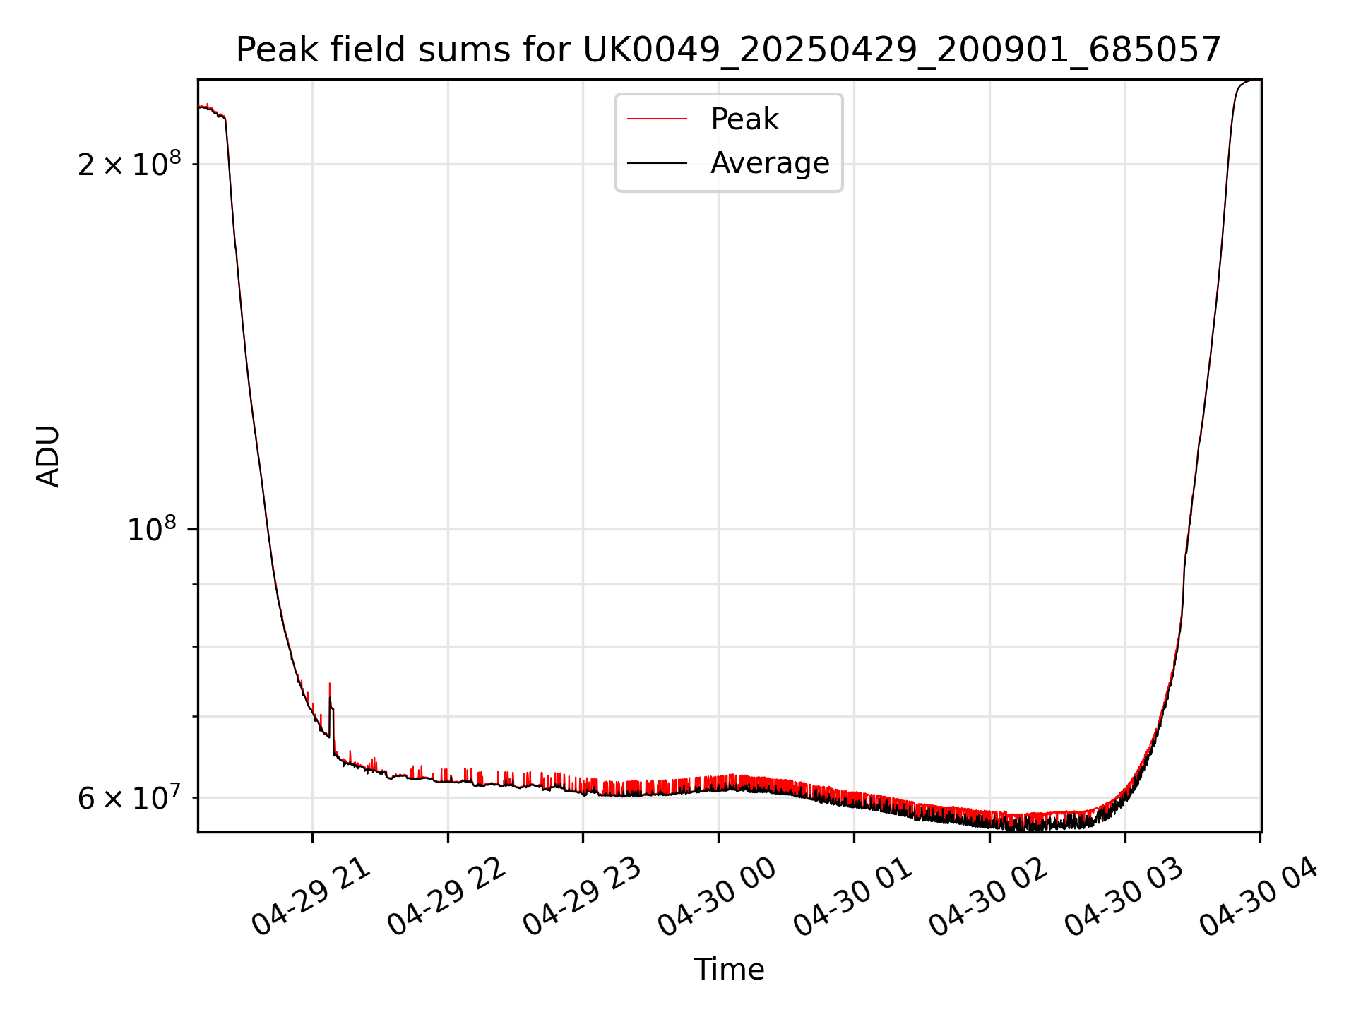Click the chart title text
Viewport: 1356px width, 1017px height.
coord(728,50)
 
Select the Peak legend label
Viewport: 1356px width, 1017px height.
coord(744,119)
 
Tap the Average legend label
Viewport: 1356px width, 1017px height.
coord(770,163)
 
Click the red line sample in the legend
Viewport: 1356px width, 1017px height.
coord(657,119)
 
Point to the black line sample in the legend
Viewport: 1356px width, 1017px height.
coord(657,163)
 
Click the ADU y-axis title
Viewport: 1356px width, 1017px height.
coord(48,456)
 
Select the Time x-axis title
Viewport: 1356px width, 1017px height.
coord(729,970)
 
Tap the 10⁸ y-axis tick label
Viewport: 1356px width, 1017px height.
coord(151,529)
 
